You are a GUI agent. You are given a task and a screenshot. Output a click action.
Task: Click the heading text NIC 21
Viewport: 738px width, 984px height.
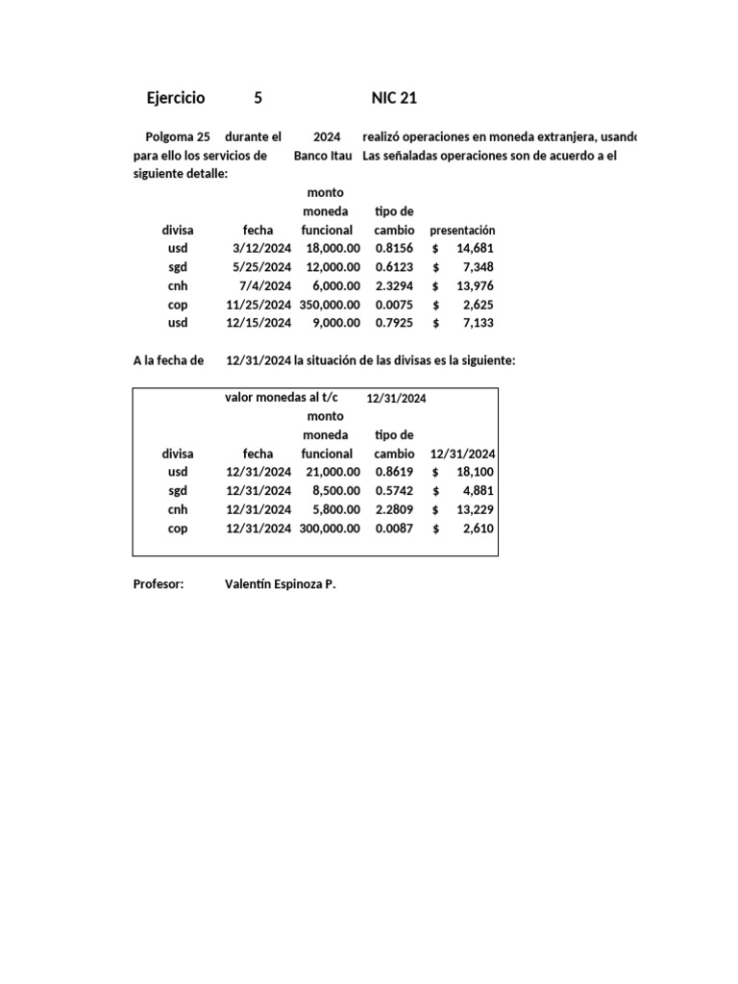coord(394,98)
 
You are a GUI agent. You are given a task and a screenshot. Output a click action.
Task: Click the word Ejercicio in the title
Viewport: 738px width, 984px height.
coord(175,98)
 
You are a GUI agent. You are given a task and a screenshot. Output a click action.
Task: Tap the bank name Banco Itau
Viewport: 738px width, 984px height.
coord(323,156)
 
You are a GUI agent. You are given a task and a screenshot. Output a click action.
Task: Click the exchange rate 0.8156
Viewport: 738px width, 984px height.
coord(394,248)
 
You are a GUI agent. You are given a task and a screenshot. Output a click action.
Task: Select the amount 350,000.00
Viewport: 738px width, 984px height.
coord(329,305)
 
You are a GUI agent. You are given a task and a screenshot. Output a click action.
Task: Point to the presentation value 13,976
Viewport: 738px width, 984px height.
coord(475,285)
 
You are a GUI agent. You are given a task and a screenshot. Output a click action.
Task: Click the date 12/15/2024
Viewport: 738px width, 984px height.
coord(258,323)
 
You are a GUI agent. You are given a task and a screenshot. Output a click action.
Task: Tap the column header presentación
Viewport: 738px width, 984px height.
coord(462,231)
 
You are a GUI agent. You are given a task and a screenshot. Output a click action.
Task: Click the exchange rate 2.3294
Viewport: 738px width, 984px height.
coord(394,285)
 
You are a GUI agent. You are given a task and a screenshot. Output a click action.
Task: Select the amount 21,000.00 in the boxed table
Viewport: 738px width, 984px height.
coord(332,472)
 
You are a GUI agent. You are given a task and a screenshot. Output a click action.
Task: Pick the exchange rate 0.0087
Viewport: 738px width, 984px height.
coord(394,529)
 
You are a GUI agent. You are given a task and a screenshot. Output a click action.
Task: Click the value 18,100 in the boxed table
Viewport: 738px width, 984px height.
coord(475,472)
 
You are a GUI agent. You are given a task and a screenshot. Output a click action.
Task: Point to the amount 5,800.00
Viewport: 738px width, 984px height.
coord(336,509)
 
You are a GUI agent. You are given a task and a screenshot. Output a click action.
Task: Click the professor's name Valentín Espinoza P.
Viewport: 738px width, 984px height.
coord(280,583)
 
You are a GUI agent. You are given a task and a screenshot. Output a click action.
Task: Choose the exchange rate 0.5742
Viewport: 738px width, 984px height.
coord(394,491)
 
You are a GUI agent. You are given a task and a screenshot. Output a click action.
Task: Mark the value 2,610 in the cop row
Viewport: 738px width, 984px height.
coord(479,529)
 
